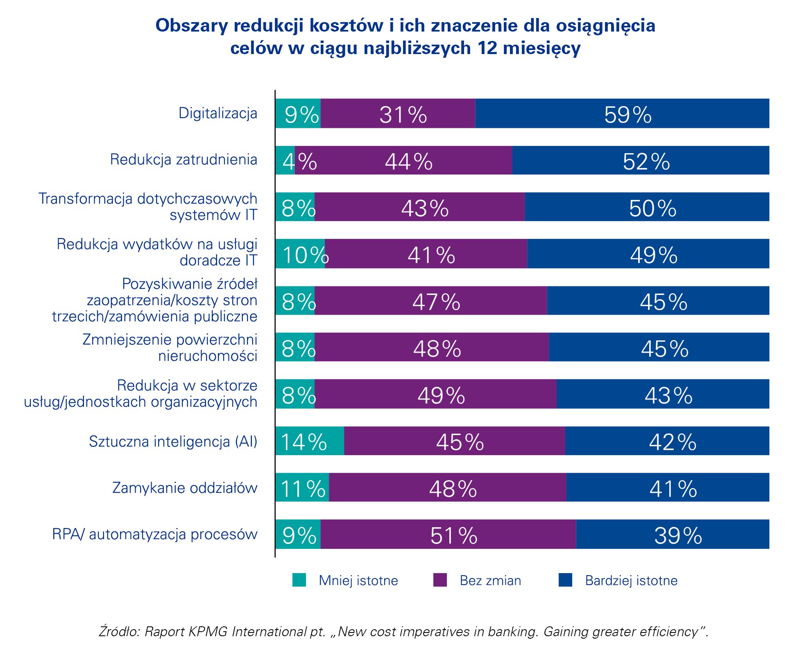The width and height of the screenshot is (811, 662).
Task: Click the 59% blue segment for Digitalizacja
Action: pos(622,113)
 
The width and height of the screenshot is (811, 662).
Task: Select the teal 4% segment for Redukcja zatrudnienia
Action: pos(285,160)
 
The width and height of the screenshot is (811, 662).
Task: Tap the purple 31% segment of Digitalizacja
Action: pos(398,113)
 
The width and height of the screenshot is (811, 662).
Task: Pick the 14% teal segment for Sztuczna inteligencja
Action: pos(310,441)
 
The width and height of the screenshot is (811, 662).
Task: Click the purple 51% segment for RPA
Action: pos(448,534)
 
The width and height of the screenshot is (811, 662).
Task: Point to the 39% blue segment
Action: pos(673,534)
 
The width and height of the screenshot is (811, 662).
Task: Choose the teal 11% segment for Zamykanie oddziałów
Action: pos(302,487)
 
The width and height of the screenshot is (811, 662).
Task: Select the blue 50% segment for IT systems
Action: pos(647,207)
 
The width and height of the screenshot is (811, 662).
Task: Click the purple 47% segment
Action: pos(431,301)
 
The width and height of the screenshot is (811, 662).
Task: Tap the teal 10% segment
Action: pos(300,254)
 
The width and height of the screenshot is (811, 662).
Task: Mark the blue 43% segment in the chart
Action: pos(663,394)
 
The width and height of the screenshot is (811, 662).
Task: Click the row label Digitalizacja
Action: pos(218,113)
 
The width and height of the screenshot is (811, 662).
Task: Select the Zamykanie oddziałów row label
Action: pos(185,488)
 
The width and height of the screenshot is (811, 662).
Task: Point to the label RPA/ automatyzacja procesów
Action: pos(155,534)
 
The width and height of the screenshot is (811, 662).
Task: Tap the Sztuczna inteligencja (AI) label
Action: pos(173,441)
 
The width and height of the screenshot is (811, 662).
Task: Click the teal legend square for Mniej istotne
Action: pos(299,580)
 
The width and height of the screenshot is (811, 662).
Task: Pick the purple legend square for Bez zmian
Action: pos(440,580)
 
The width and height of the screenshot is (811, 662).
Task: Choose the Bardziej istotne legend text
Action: pos(631,580)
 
